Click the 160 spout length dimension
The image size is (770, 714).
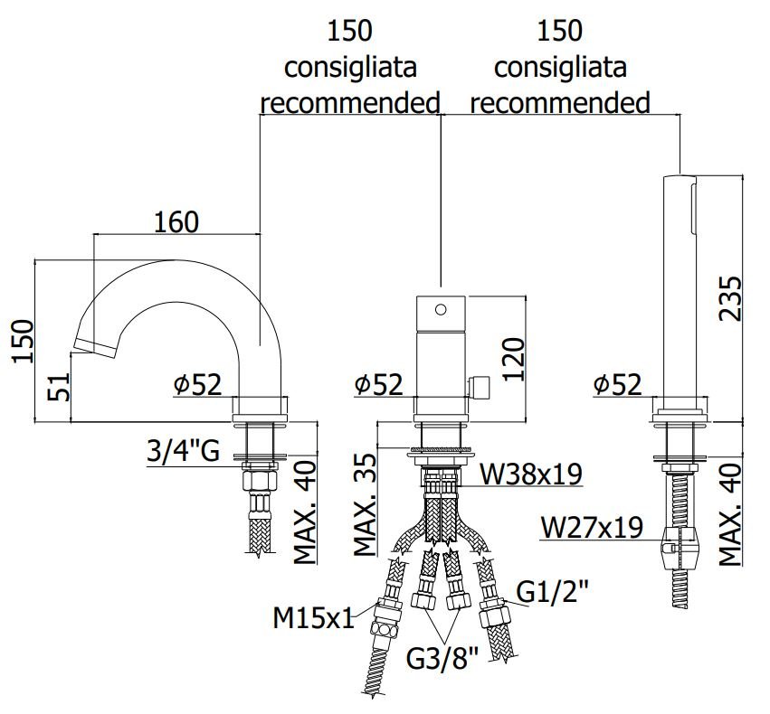click(176, 221)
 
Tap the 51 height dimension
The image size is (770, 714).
click(59, 387)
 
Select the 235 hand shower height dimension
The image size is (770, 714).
click(729, 298)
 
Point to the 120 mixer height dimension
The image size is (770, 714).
click(514, 359)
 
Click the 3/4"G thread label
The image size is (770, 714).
click(183, 451)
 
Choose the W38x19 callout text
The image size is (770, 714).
click(531, 474)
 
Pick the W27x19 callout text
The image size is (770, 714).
click(592, 528)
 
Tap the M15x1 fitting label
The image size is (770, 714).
click(313, 618)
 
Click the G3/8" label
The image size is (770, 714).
click(442, 659)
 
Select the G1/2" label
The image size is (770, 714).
click(553, 592)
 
